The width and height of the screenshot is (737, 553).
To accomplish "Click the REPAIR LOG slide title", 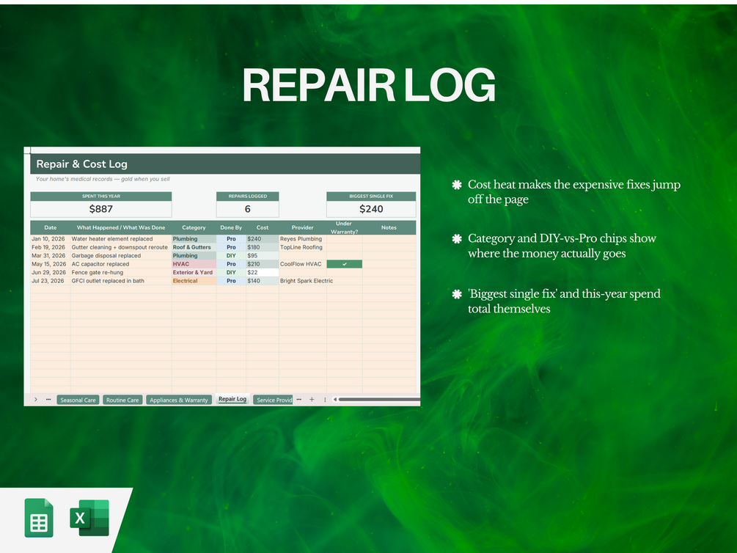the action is [x=369, y=85].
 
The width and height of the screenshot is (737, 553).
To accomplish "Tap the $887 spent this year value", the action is [x=101, y=209].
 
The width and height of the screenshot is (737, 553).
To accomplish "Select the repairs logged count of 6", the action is [x=248, y=209].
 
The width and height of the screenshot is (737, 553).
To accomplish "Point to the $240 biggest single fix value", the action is [x=371, y=209].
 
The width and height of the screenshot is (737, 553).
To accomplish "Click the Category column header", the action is [x=194, y=227].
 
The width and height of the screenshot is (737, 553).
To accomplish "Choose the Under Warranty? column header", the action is [x=344, y=227].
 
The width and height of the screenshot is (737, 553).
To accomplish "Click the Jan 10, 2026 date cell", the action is [x=48, y=239].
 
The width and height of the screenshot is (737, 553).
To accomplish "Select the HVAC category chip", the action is [x=181, y=264].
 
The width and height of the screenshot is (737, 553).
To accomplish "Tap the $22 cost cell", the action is [x=252, y=272].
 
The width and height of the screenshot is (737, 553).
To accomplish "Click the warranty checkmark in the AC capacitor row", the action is [x=345, y=264].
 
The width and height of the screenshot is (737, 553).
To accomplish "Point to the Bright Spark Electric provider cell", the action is [x=307, y=281].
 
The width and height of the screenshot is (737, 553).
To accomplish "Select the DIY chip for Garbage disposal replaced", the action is [x=231, y=256].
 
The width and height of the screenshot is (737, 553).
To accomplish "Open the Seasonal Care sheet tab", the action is [x=78, y=400].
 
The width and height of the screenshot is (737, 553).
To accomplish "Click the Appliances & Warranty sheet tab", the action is [x=179, y=400].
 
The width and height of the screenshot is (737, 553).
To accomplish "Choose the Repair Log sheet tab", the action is [x=232, y=399].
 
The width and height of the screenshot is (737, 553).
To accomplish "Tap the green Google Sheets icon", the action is [x=39, y=518].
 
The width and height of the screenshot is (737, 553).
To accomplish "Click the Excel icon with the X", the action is [x=89, y=518].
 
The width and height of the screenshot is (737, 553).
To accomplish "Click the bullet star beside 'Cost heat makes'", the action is [x=457, y=185].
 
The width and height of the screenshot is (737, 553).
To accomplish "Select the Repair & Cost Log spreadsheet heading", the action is [x=82, y=164].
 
